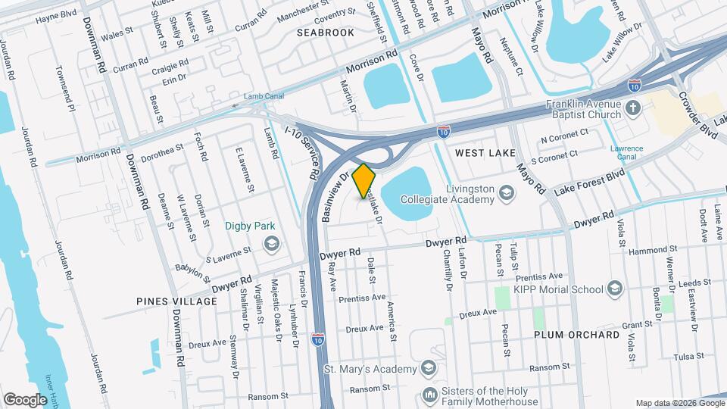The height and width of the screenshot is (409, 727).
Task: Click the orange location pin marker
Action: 364,180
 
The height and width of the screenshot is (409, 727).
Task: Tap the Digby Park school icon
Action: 270,243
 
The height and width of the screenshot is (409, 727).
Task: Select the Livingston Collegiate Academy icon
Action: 505,195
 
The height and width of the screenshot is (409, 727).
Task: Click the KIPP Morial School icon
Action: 614,289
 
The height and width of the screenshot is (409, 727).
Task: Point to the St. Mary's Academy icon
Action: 429,369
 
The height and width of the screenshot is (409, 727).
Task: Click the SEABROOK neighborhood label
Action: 325,33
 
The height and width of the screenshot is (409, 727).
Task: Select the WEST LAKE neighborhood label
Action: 485,153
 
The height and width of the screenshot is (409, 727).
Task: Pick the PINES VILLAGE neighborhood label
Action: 176,301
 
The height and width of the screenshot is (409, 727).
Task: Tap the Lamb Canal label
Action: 263,97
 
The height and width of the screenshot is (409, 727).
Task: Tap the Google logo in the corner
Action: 25,399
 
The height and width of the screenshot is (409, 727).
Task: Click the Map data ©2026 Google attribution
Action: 679,403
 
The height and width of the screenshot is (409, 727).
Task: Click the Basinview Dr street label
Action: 333,198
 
